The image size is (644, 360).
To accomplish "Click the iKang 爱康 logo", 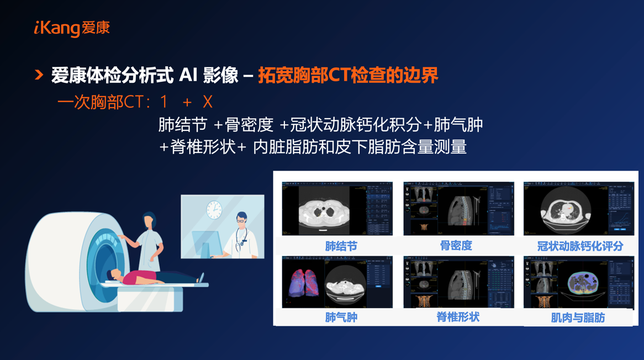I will tap(72, 28).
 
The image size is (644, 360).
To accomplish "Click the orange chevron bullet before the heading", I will tap(39, 75).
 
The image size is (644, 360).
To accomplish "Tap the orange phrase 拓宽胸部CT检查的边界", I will tap(348, 75).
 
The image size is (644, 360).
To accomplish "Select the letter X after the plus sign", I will tap(207, 102).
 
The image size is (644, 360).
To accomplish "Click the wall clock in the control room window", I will tap(214, 210).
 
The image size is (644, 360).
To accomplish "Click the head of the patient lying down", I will tap(115, 274).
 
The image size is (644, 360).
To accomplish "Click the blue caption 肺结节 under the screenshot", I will tap(341, 246).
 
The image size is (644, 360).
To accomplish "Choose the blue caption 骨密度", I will tap(456, 246).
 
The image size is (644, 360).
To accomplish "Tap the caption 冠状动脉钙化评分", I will tap(580, 246).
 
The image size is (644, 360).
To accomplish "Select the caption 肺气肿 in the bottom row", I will tap(341, 317).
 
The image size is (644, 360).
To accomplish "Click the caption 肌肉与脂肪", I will tap(578, 318).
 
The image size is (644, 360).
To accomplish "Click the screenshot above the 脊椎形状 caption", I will tap(458, 282).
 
